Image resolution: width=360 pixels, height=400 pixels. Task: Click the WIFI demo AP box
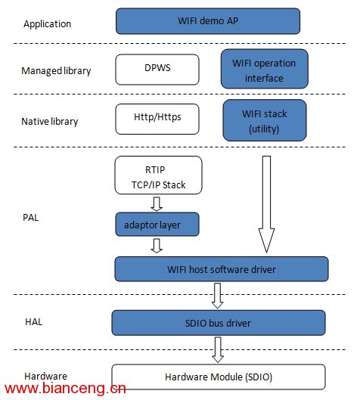(x=208, y=21)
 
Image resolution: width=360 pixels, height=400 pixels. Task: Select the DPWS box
(x=157, y=70)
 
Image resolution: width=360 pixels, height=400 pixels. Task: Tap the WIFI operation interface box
(x=264, y=69)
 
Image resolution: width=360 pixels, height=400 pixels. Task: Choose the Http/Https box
(x=157, y=119)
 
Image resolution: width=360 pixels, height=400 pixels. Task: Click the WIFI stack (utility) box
(x=265, y=120)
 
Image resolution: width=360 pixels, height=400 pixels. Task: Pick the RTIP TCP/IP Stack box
(x=158, y=175)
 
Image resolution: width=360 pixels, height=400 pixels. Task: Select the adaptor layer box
(x=157, y=225)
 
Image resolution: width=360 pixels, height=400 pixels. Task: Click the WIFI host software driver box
(x=222, y=269)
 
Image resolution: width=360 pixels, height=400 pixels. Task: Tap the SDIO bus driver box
(x=219, y=323)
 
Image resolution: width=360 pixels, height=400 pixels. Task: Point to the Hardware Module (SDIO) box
(x=219, y=377)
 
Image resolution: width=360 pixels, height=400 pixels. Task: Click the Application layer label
(x=47, y=24)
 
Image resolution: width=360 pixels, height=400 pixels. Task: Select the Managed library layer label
(x=56, y=71)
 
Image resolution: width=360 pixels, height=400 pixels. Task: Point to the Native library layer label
(x=50, y=122)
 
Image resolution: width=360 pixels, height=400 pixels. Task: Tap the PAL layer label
(x=30, y=218)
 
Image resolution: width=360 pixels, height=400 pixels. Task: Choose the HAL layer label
(x=34, y=322)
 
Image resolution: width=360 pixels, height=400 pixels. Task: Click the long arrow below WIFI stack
(x=266, y=204)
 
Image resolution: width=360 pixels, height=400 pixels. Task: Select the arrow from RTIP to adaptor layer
(x=157, y=204)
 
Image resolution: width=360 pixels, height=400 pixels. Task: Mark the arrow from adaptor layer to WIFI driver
(x=157, y=246)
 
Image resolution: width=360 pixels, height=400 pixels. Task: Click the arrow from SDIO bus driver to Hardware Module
(x=218, y=349)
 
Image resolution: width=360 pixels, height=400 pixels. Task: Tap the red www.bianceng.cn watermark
(x=65, y=389)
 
